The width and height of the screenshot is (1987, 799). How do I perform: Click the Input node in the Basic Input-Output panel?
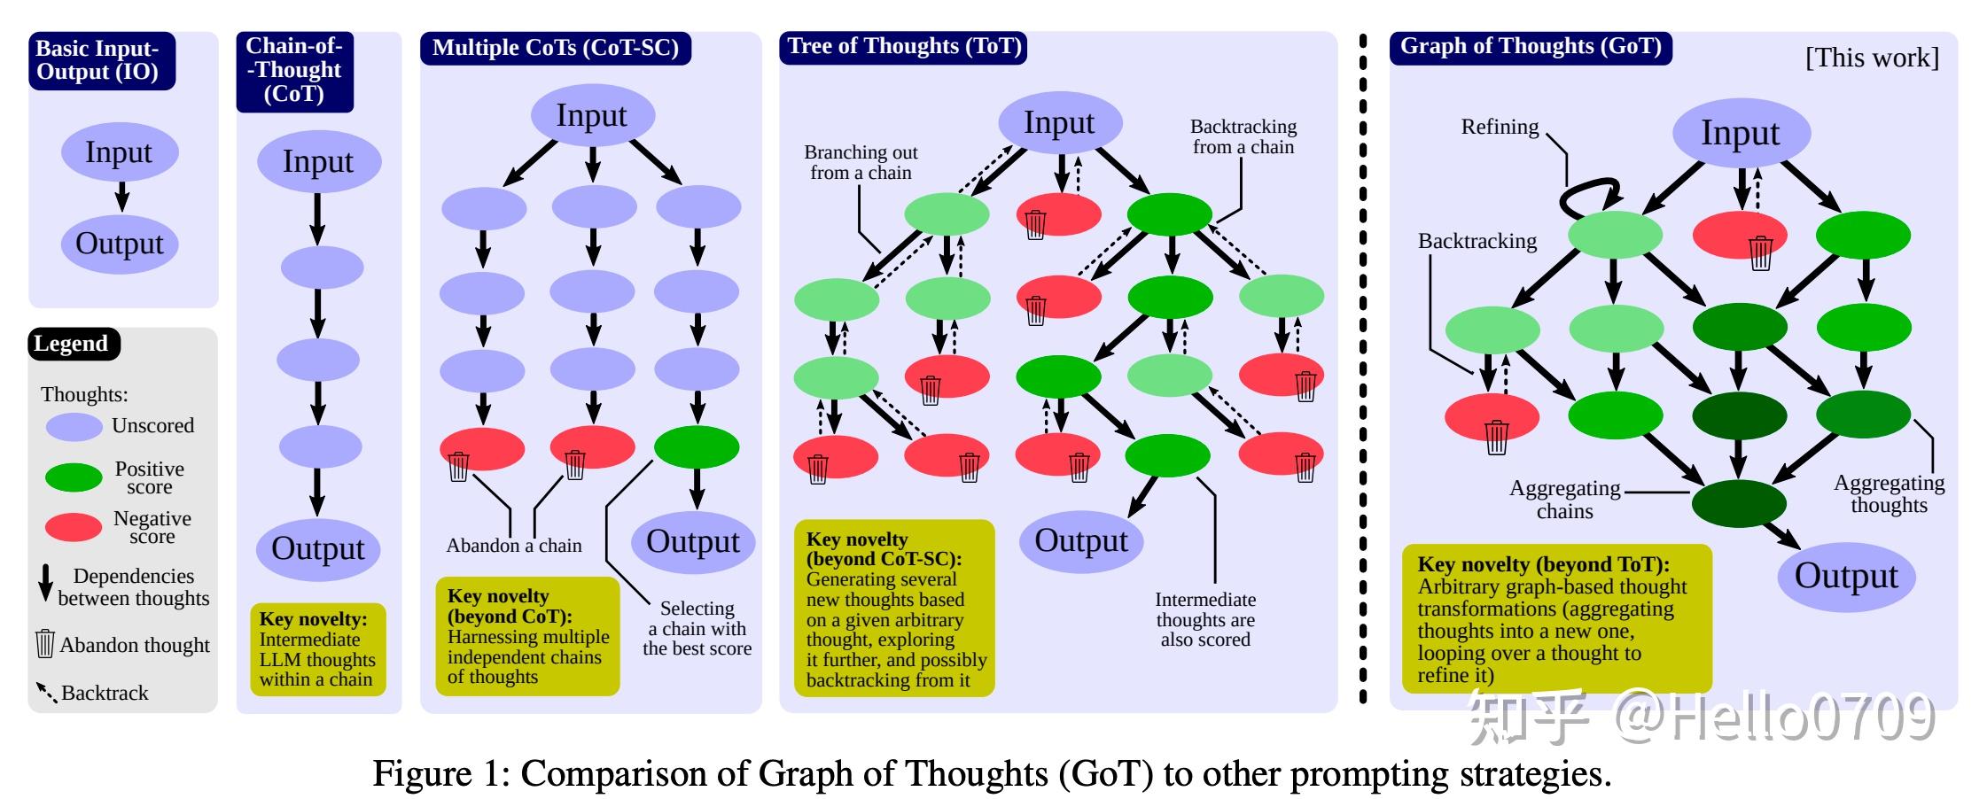pos(120,152)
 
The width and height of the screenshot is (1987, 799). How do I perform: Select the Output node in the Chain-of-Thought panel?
pos(318,549)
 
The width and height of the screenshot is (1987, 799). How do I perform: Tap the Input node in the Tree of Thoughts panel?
pos(1060,122)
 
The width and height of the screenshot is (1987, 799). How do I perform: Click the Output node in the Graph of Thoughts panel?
pos(1846,576)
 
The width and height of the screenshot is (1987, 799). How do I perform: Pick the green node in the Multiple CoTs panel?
pos(697,447)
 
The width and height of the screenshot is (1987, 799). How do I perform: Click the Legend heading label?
pos(71,344)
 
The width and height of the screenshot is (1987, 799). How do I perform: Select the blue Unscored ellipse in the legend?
pos(74,427)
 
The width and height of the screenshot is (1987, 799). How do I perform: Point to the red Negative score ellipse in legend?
pos(74,527)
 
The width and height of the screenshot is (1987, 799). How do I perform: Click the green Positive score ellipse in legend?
pos(74,477)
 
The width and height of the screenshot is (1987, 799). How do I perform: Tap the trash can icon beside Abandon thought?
pos(45,644)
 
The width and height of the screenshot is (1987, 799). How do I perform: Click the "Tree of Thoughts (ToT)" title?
pos(904,47)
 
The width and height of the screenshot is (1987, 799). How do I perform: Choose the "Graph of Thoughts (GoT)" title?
pos(1531,47)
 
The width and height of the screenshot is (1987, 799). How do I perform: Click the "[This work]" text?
pos(1872,58)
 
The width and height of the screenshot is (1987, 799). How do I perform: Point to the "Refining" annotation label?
pos(1500,127)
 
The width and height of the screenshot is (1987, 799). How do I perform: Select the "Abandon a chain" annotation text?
pos(514,546)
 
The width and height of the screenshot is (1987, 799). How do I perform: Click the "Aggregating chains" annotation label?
pos(1564,500)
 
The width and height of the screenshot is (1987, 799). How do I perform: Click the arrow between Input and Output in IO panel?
pos(121,196)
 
